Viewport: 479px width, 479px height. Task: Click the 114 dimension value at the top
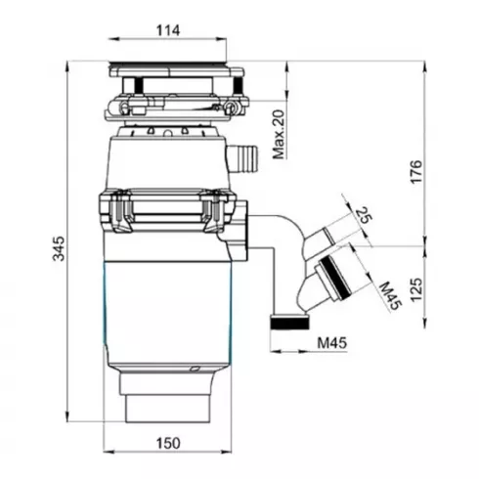tap(169, 30)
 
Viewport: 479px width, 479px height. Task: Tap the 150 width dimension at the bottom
tap(169, 444)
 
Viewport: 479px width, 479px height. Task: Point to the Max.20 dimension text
tap(278, 135)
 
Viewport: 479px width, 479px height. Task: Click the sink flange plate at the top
tap(172, 70)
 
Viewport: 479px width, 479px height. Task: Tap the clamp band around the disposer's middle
tap(168, 208)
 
